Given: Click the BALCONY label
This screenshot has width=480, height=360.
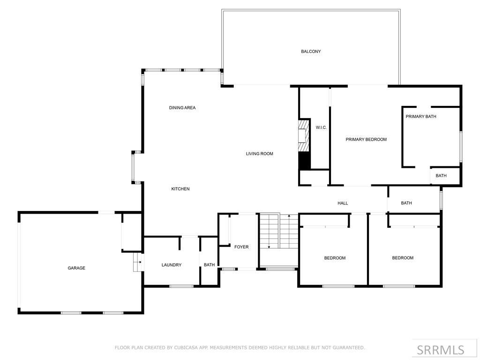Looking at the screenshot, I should click(311, 52).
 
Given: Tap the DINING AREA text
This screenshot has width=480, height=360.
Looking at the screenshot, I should click(182, 108).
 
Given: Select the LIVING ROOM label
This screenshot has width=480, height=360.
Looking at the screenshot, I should click(259, 154).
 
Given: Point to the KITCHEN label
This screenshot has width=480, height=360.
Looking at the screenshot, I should click(180, 189).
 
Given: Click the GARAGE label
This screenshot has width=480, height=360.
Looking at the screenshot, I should click(76, 268).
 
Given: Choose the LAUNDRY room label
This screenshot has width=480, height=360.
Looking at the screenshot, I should click(172, 265).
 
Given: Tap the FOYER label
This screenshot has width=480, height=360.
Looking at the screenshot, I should click(241, 247).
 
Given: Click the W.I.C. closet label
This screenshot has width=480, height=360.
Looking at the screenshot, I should click(321, 127).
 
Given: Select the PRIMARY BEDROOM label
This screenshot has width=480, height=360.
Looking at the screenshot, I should click(366, 139).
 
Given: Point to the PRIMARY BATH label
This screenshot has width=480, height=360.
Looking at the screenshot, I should click(421, 116).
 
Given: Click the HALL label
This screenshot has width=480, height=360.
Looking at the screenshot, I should click(343, 203).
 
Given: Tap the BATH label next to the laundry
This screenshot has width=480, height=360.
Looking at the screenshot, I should click(209, 265).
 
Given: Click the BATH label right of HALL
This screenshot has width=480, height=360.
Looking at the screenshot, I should click(406, 203).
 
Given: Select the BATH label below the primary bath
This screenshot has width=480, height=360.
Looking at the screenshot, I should click(441, 176).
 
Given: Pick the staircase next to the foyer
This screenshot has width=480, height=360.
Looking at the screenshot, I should click(279, 231).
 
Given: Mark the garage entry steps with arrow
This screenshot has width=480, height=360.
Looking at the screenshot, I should click(137, 262).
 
